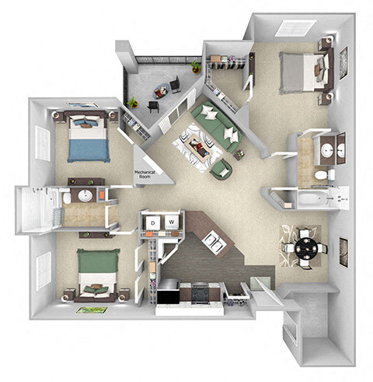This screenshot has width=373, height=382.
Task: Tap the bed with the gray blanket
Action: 299,71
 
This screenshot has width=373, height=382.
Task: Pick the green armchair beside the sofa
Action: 221,167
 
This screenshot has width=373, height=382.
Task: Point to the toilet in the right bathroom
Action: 321,176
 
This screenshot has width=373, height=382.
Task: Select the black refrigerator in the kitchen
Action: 167,296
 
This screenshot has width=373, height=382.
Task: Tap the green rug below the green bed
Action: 91,310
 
